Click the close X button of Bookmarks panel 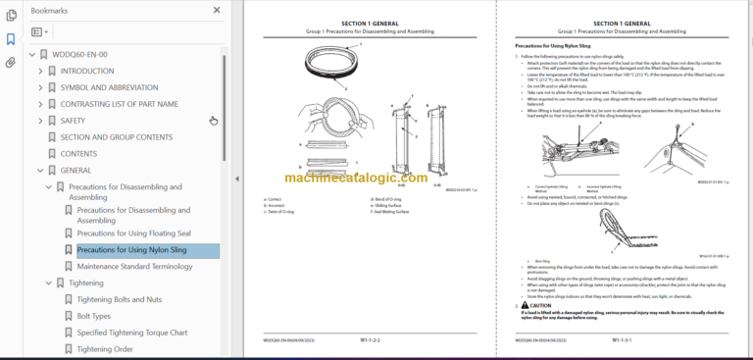coord(217,10)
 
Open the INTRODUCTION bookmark coord(86,71)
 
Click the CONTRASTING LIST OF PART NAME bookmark coord(119,104)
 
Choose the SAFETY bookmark coord(73,121)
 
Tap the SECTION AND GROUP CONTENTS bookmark coord(116,137)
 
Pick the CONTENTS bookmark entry coord(78,154)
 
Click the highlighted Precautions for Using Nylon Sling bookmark coord(131,250)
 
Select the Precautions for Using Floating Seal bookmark coord(132,233)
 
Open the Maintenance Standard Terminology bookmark coord(134,267)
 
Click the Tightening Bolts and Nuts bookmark coord(119,299)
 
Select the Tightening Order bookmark coord(105,349)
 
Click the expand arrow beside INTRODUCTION coord(40,71)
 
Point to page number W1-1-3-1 coord(621,339)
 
